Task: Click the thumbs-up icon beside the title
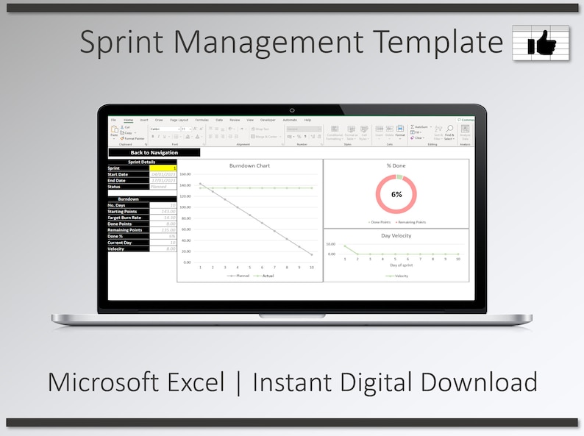(x=541, y=42)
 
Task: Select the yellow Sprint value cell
(x=163, y=168)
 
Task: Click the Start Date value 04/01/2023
(x=163, y=174)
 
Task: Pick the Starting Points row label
(x=124, y=211)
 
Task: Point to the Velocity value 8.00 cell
(x=163, y=249)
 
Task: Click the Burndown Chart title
(x=249, y=165)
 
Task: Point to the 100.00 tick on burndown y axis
(x=185, y=207)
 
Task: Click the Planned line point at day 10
(x=312, y=254)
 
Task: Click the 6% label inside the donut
(x=396, y=195)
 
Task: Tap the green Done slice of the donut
(x=399, y=177)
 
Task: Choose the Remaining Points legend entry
(x=410, y=221)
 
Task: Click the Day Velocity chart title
(x=396, y=235)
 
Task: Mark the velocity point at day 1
(x=345, y=246)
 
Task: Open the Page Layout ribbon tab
(x=179, y=119)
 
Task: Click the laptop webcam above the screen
(x=292, y=110)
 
